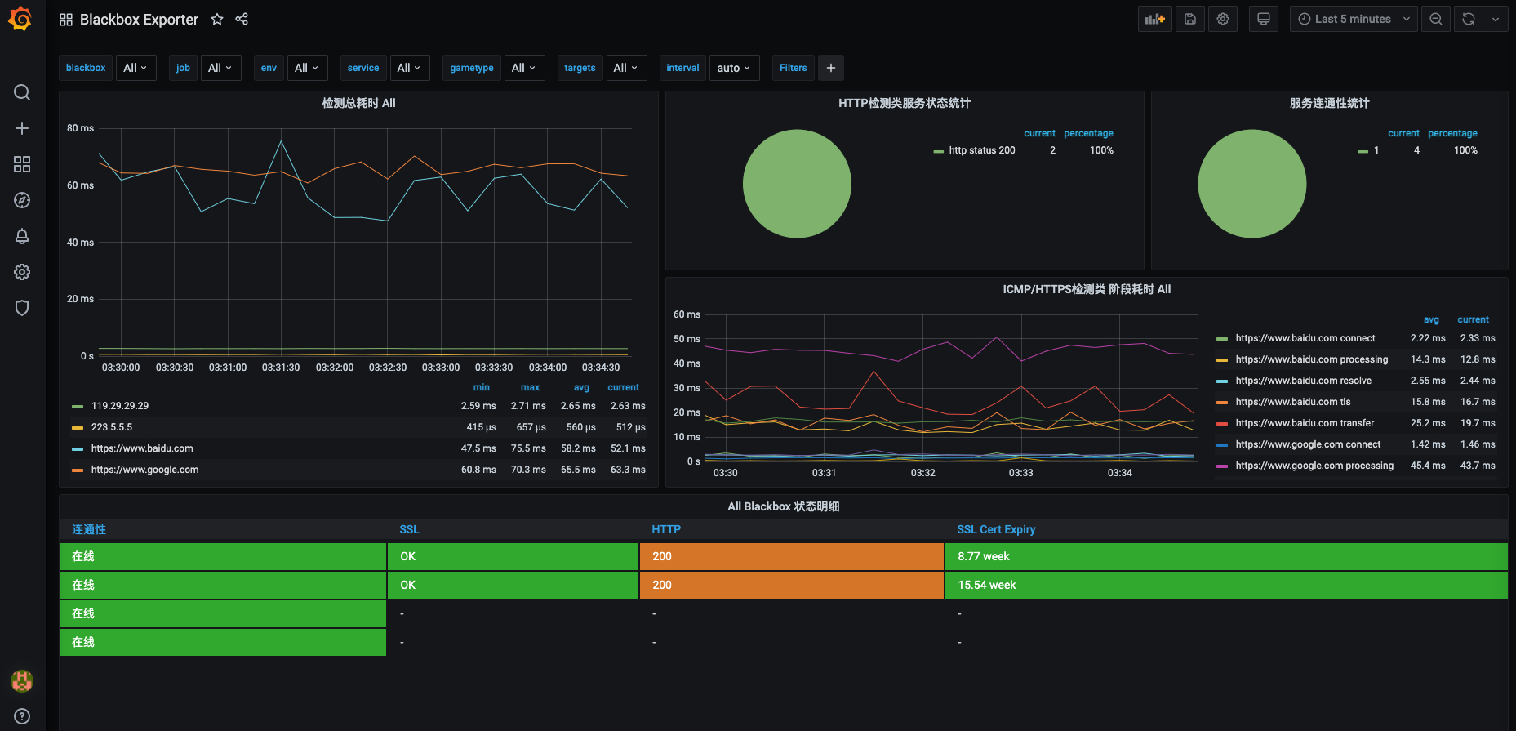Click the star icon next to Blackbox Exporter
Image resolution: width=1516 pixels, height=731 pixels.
(217, 19)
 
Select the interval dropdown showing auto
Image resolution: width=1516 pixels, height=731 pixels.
(733, 68)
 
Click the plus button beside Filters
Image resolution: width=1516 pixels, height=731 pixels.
(830, 68)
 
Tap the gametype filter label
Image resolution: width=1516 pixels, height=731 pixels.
(471, 68)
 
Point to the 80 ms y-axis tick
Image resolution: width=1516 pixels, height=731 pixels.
(80, 128)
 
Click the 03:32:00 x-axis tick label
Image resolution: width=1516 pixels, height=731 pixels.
(335, 368)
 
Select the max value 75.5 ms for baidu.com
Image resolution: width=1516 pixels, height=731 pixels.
(528, 448)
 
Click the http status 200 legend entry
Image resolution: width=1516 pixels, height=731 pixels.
(981, 150)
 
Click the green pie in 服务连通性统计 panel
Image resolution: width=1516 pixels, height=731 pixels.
(1251, 184)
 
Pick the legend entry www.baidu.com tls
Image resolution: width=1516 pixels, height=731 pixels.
(1292, 402)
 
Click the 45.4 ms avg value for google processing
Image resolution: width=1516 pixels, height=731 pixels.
(1427, 466)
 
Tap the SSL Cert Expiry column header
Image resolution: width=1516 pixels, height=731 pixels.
(996, 529)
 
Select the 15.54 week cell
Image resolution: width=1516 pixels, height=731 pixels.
(986, 585)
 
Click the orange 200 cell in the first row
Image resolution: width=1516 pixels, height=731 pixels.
(790, 556)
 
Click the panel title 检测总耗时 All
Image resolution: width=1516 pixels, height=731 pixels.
(358, 103)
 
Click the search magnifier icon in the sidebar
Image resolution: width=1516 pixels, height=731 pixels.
(22, 92)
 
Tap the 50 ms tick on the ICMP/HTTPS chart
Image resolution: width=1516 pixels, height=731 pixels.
(687, 339)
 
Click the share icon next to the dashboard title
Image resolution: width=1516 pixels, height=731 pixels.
(242, 19)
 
